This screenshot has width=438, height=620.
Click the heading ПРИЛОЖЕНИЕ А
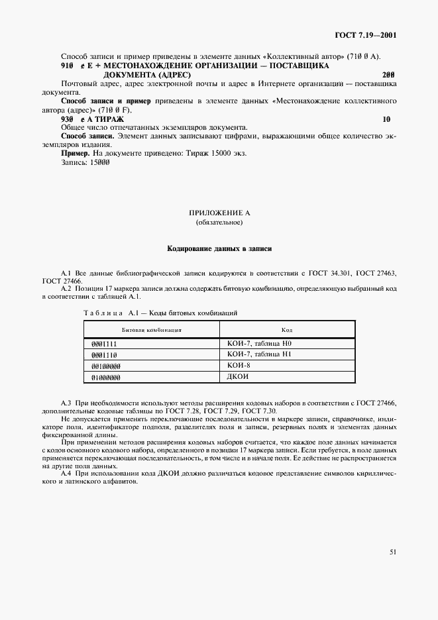coord(219,213)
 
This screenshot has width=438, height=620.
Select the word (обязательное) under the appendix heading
coord(219,223)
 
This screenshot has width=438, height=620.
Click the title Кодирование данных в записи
coord(219,249)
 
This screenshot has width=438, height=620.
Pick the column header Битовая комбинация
coord(151,329)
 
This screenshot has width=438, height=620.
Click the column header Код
coord(287,329)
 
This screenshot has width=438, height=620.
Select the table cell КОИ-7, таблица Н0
coord(259,344)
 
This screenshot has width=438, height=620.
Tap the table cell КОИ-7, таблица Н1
coord(259,354)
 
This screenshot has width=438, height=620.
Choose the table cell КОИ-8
coord(238,365)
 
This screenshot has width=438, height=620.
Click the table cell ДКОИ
coord(238,376)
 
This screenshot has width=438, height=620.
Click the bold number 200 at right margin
coord(389,75)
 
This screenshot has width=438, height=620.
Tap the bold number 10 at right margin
coord(386,119)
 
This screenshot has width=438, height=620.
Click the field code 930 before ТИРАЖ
coord(68,119)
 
